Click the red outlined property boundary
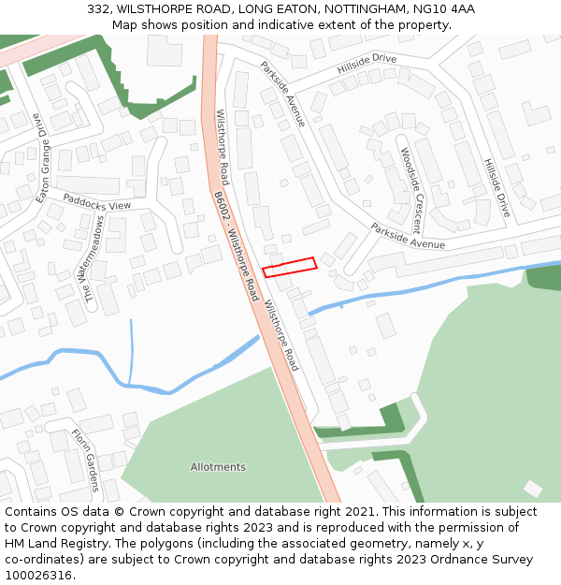pos(289,267)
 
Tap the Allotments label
pos(218,467)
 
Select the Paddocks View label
pos(97,201)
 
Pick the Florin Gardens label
pos(85,461)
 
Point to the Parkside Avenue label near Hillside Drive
pos(282,94)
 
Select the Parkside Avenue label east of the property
pos(408,235)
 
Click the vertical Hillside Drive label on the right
pos(496,187)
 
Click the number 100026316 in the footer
pos(38,576)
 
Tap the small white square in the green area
pos(532,489)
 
